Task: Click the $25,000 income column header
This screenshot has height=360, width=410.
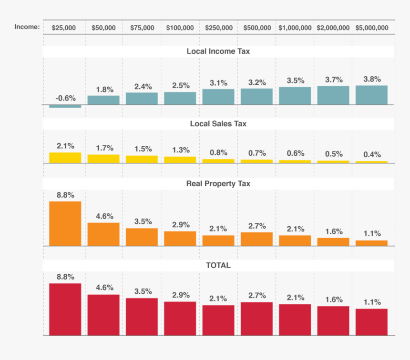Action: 64,28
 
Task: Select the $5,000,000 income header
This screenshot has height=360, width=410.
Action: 372,28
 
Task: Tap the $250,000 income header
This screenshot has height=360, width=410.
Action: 219,28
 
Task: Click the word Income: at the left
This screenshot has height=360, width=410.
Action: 27,27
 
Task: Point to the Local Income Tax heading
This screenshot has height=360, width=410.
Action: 218,51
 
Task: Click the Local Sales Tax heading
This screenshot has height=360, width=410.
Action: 218,123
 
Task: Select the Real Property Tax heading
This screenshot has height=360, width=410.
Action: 218,184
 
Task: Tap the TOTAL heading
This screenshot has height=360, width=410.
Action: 218,265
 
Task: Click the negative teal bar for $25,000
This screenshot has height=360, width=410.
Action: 65,106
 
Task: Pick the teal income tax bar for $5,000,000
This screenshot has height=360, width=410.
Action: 371,95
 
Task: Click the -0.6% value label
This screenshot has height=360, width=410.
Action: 65,98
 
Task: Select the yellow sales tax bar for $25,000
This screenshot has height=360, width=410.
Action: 65,158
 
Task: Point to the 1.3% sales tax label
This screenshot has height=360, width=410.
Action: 181,150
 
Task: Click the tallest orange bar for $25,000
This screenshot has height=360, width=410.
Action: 65,224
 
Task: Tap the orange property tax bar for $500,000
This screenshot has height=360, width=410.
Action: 256,239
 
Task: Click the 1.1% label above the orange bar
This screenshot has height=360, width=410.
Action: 372,233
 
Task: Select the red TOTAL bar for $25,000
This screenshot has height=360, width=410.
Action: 65,310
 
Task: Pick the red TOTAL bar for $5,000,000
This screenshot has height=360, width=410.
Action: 371,322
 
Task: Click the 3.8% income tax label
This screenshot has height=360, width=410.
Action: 372,79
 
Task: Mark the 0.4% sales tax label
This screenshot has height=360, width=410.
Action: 372,154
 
